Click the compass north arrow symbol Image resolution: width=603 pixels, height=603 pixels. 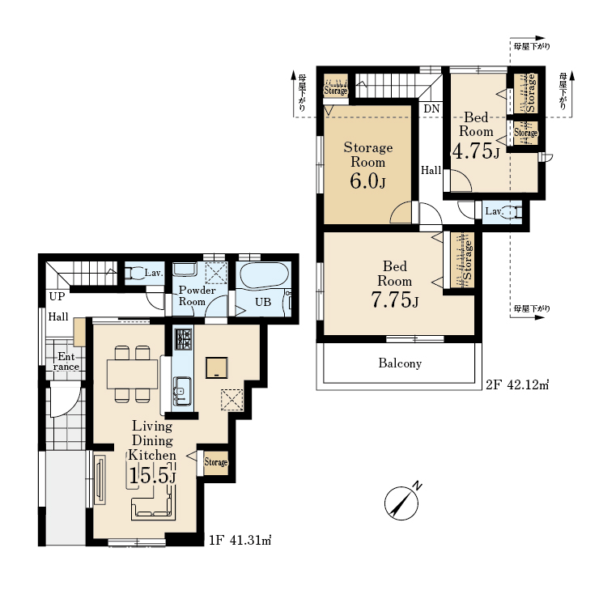(x=402, y=503)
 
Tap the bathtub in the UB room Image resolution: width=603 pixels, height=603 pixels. (x=264, y=274)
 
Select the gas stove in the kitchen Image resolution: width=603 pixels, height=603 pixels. (x=183, y=339)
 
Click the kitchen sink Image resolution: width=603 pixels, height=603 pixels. (x=182, y=392)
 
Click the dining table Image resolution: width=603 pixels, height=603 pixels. (x=132, y=374)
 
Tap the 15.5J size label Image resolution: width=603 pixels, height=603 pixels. (x=152, y=475)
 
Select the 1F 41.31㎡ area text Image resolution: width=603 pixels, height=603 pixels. (x=240, y=541)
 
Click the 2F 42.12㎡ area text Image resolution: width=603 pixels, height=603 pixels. (x=517, y=384)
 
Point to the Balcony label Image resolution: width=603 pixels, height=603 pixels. (x=400, y=363)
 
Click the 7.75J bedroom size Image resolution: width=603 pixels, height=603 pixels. (x=394, y=299)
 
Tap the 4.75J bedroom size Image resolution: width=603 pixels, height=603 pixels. (x=476, y=151)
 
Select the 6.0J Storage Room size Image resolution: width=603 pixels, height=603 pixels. (x=367, y=180)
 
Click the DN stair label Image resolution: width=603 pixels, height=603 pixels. (x=431, y=108)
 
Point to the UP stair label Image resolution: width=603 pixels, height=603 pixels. (x=57, y=296)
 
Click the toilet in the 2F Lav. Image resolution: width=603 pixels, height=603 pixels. (x=512, y=212)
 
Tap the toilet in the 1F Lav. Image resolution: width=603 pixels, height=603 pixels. (x=133, y=273)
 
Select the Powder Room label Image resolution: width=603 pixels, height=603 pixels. (x=197, y=295)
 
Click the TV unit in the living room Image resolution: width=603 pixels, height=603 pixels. (x=100, y=479)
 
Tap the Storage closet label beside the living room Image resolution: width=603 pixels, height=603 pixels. (x=216, y=462)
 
